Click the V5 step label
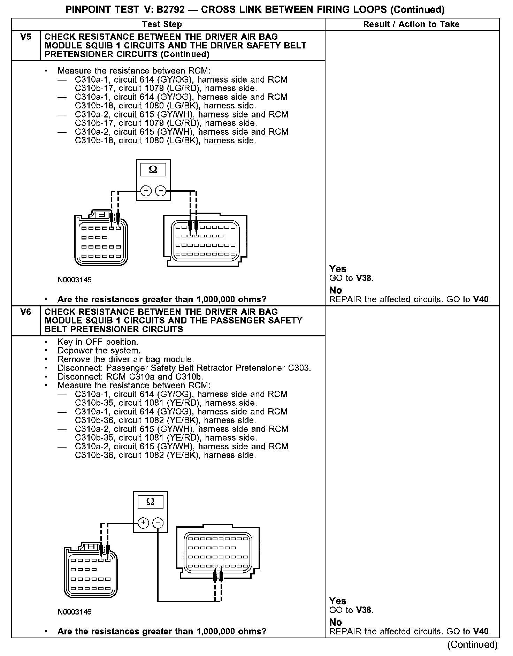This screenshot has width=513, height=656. tap(26, 37)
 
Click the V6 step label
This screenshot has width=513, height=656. tap(26, 312)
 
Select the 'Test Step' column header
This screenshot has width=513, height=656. tap(162, 24)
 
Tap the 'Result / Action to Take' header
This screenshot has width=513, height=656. tap(411, 24)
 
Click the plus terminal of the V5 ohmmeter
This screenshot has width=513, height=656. tap(146, 191)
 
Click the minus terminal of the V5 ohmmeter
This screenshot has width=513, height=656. tap(160, 191)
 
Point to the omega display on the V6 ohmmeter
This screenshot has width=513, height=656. tap(151, 502)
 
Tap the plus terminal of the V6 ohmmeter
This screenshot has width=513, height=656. tap(144, 523)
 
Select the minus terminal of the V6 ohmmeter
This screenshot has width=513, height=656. tap(158, 523)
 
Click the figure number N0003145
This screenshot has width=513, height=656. tap(75, 280)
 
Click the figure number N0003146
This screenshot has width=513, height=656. tap(75, 612)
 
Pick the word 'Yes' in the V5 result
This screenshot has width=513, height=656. tap(338, 269)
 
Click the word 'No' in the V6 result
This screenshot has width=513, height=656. tap(336, 622)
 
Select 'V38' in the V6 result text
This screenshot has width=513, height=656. tap(364, 610)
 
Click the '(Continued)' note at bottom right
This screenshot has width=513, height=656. tap(473, 644)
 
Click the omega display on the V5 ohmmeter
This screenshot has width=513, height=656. tap(153, 170)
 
